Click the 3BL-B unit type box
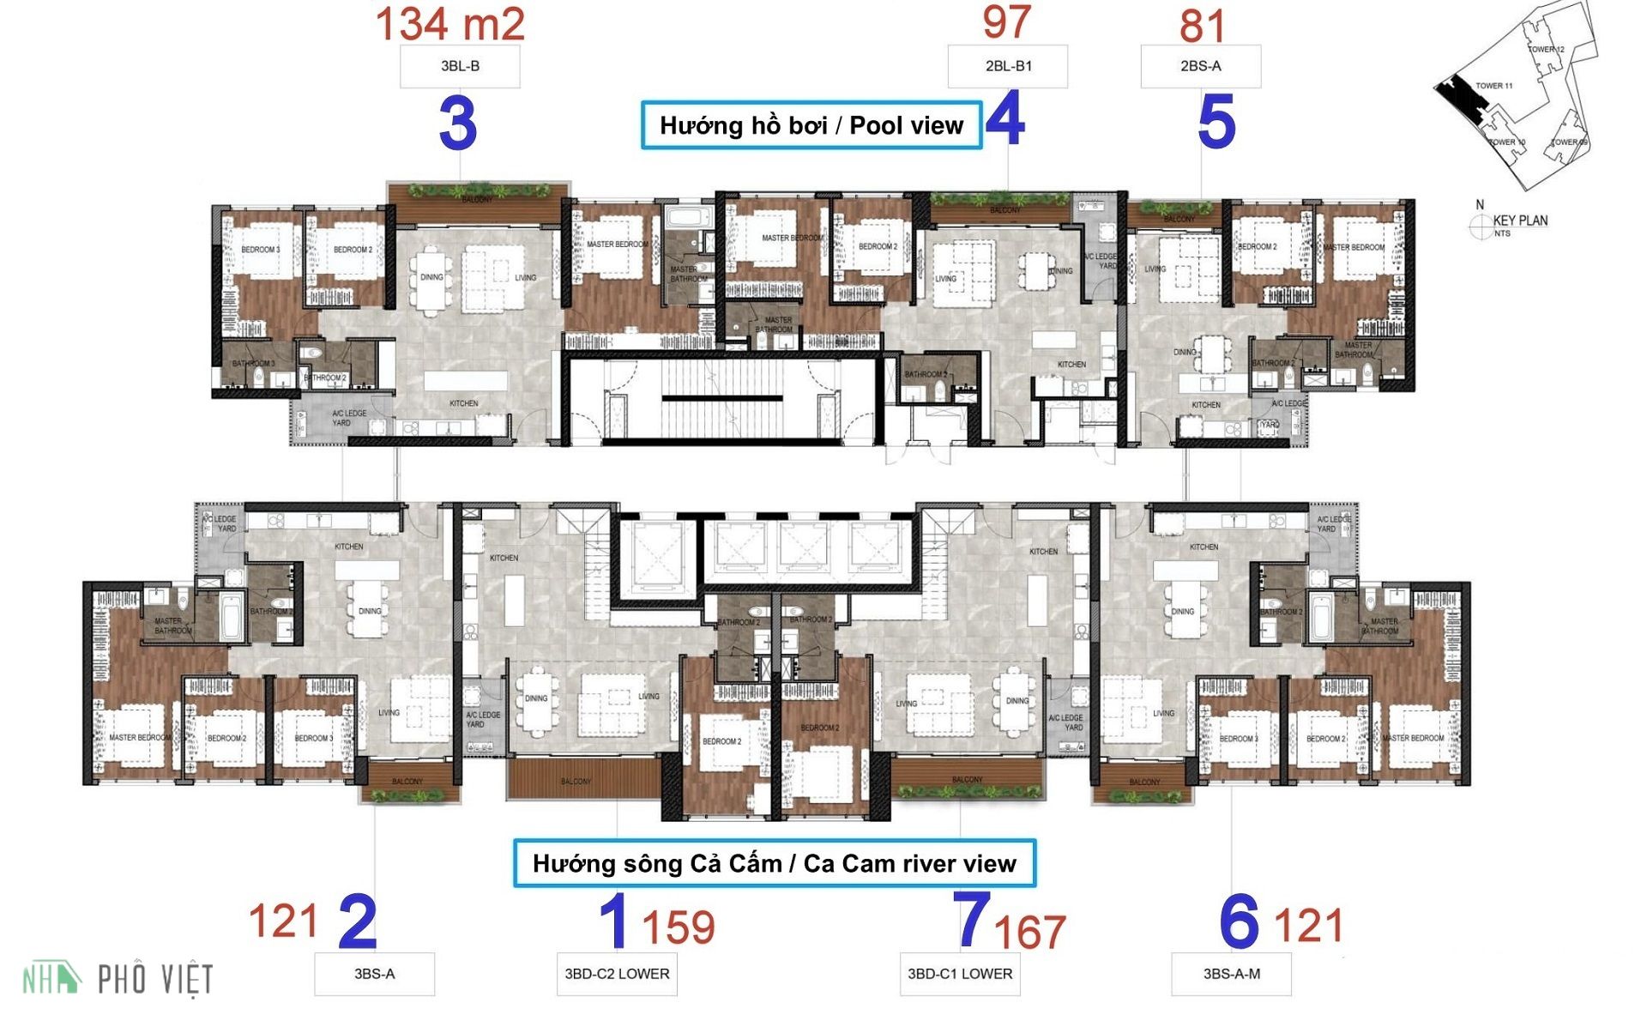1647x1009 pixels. tap(460, 66)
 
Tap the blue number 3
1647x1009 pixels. tap(458, 124)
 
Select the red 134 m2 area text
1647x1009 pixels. tap(449, 24)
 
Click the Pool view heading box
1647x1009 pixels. tap(811, 125)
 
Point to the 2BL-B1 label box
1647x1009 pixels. tap(1008, 66)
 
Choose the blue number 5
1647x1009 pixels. tap(1216, 122)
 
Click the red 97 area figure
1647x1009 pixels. tap(1006, 22)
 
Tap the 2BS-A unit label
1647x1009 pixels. tap(1200, 66)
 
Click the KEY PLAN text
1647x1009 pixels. tap(1519, 221)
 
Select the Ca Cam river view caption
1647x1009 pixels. tap(774, 863)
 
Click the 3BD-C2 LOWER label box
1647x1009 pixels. tap(617, 974)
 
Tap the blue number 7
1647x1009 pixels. tap(973, 919)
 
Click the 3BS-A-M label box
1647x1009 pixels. tap(1231, 974)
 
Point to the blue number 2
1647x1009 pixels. tap(358, 922)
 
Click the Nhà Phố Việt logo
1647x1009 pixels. tap(118, 979)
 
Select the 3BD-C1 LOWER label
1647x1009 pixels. tap(960, 974)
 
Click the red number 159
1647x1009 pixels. tap(678, 927)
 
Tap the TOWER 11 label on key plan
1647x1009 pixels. tap(1493, 86)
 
